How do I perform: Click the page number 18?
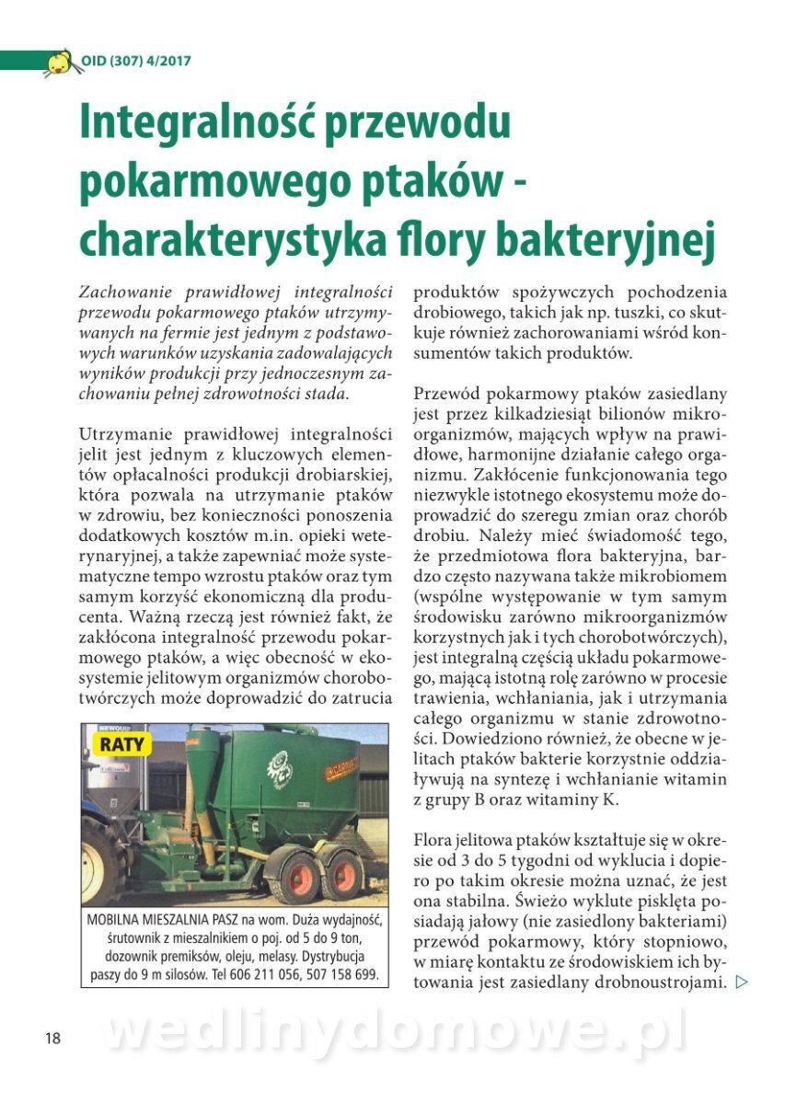coord(52,1038)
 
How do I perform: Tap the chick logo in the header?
coord(59,63)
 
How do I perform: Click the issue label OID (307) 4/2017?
coord(136,62)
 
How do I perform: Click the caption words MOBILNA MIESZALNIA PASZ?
coord(163,920)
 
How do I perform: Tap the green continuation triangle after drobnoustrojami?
coord(743,983)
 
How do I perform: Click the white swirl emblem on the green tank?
coord(279,764)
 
